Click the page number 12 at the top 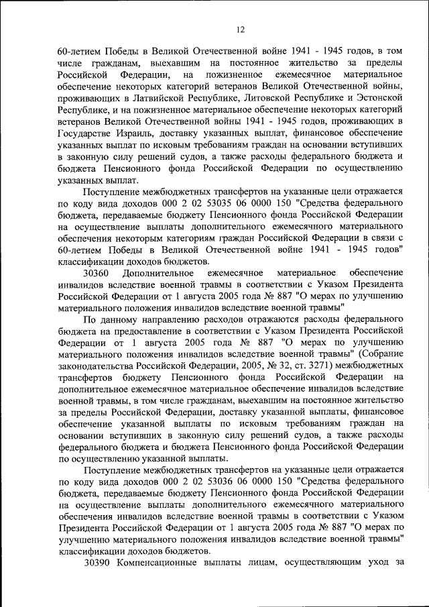(x=241, y=30)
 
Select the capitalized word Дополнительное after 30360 (x=158, y=273)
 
